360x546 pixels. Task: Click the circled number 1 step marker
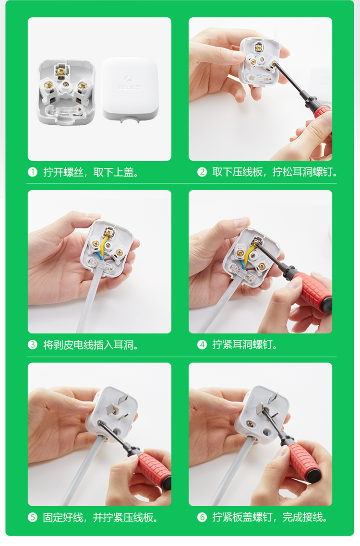[x=33, y=172]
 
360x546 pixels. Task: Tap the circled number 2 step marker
[x=202, y=172]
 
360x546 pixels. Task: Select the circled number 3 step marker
[x=33, y=345]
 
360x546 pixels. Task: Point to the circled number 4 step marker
[x=202, y=345]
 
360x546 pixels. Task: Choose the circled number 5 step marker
[x=33, y=517]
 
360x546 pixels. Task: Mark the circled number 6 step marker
[x=202, y=517]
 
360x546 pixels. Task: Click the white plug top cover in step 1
[x=130, y=90]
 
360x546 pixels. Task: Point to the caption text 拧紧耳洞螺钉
[x=242, y=345]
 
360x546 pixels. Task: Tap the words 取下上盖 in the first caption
[x=113, y=172]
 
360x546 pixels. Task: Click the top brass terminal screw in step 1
[x=61, y=71]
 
